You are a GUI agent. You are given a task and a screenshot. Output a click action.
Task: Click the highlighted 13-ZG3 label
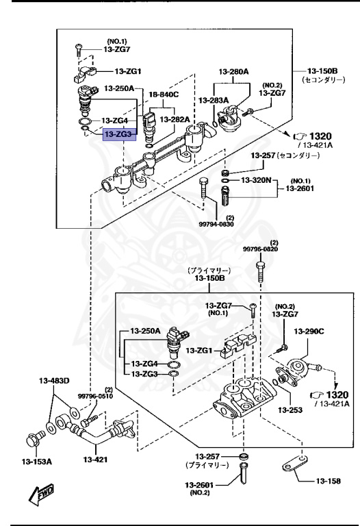pos(120,135)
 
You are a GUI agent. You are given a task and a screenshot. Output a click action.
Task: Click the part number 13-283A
pos(214,100)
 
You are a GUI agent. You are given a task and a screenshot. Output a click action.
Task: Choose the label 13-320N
pos(258,180)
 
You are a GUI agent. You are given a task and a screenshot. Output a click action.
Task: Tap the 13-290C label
pos(309,331)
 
